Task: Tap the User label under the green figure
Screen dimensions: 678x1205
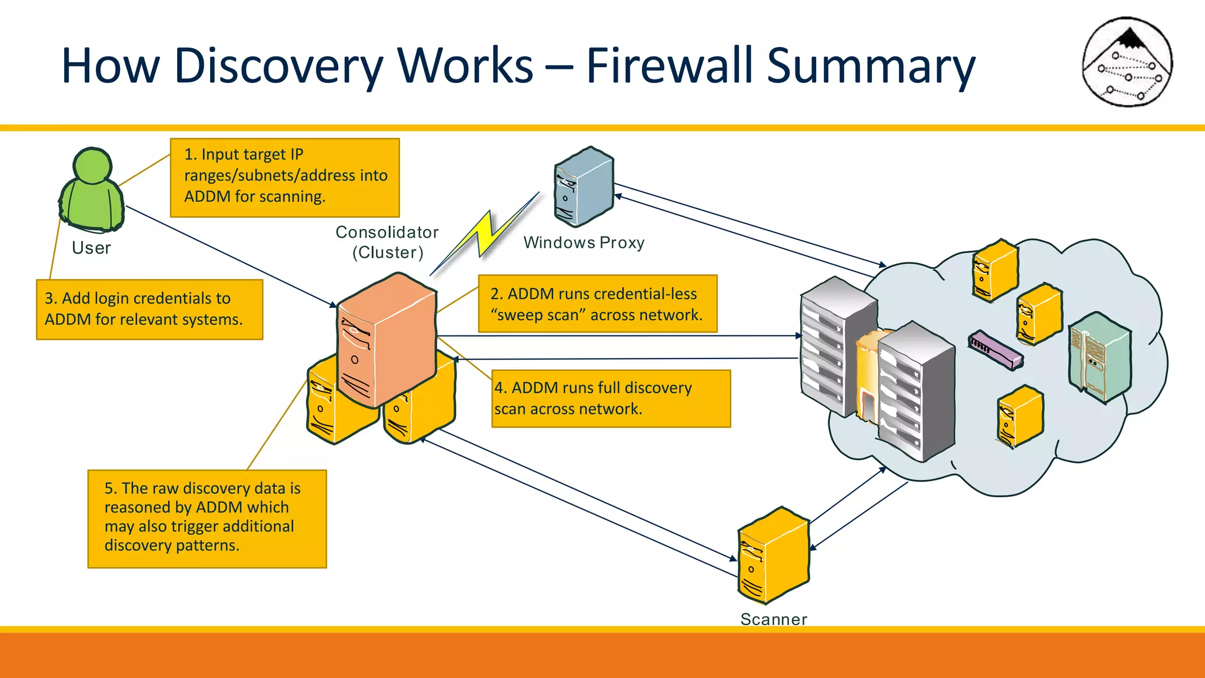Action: (x=91, y=248)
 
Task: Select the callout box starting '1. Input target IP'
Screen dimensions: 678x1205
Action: (x=285, y=178)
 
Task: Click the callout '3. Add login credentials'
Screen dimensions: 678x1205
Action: (x=149, y=309)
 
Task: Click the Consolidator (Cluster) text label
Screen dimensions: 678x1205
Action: (x=387, y=242)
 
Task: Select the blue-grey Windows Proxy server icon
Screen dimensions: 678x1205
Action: (x=583, y=187)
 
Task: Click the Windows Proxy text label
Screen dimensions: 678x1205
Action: (x=584, y=242)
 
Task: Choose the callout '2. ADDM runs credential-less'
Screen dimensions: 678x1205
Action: (x=597, y=304)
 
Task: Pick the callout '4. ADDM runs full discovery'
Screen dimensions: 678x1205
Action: (x=610, y=398)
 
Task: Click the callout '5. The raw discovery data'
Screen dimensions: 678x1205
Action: (x=207, y=519)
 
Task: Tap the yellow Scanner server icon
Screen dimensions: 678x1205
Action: (x=773, y=556)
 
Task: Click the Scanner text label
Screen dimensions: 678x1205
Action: (x=773, y=619)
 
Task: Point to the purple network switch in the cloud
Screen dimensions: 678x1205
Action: (x=995, y=350)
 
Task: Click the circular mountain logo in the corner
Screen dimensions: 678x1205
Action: (x=1127, y=62)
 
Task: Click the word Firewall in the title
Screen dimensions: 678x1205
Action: (x=670, y=66)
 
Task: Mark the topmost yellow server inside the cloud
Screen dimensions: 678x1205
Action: (x=994, y=270)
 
